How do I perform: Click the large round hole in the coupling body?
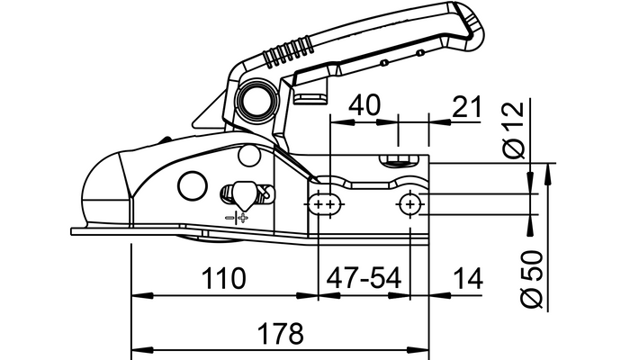coord(193,184)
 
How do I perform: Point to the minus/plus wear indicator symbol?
coord(238,217)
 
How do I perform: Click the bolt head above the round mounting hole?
coord(400,162)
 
